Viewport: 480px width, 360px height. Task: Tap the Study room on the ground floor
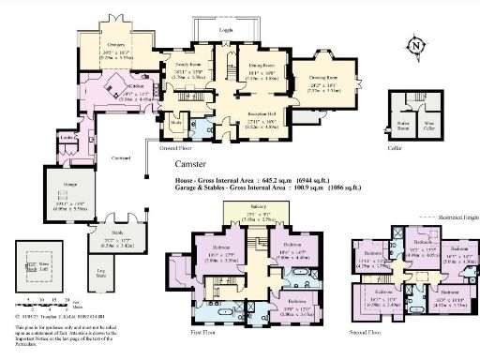click(175, 123)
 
